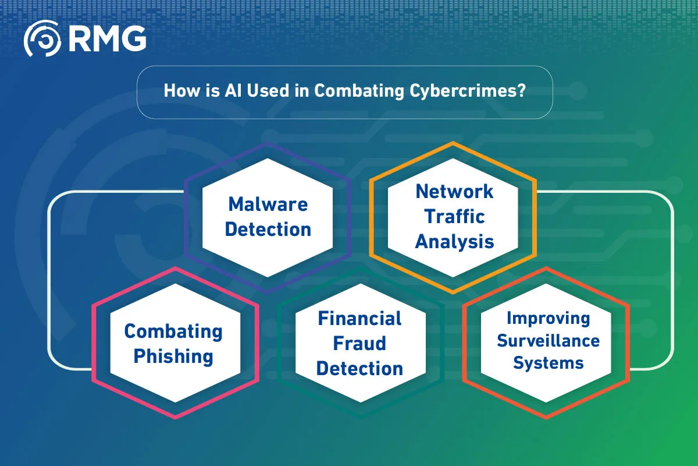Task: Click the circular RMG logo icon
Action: pyautogui.click(x=42, y=38)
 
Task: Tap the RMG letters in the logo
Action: pyautogui.click(x=107, y=38)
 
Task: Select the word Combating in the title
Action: pyautogui.click(x=359, y=91)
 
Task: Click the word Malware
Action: pyautogui.click(x=268, y=204)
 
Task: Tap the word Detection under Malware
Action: pyautogui.click(x=268, y=230)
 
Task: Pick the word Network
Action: pyautogui.click(x=454, y=191)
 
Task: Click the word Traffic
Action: pyautogui.click(x=454, y=216)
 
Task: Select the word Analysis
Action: pyautogui.click(x=454, y=242)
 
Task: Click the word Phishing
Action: pyautogui.click(x=173, y=356)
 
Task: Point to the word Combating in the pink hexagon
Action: pyautogui.click(x=173, y=331)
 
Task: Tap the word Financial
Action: pyautogui.click(x=359, y=319)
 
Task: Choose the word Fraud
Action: pyautogui.click(x=359, y=344)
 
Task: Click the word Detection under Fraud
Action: pyautogui.click(x=359, y=369)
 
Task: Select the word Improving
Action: pyautogui.click(x=549, y=319)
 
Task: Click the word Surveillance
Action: pyautogui.click(x=549, y=341)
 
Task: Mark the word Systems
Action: pyautogui.click(x=549, y=363)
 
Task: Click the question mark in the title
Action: pyautogui.click(x=521, y=90)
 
